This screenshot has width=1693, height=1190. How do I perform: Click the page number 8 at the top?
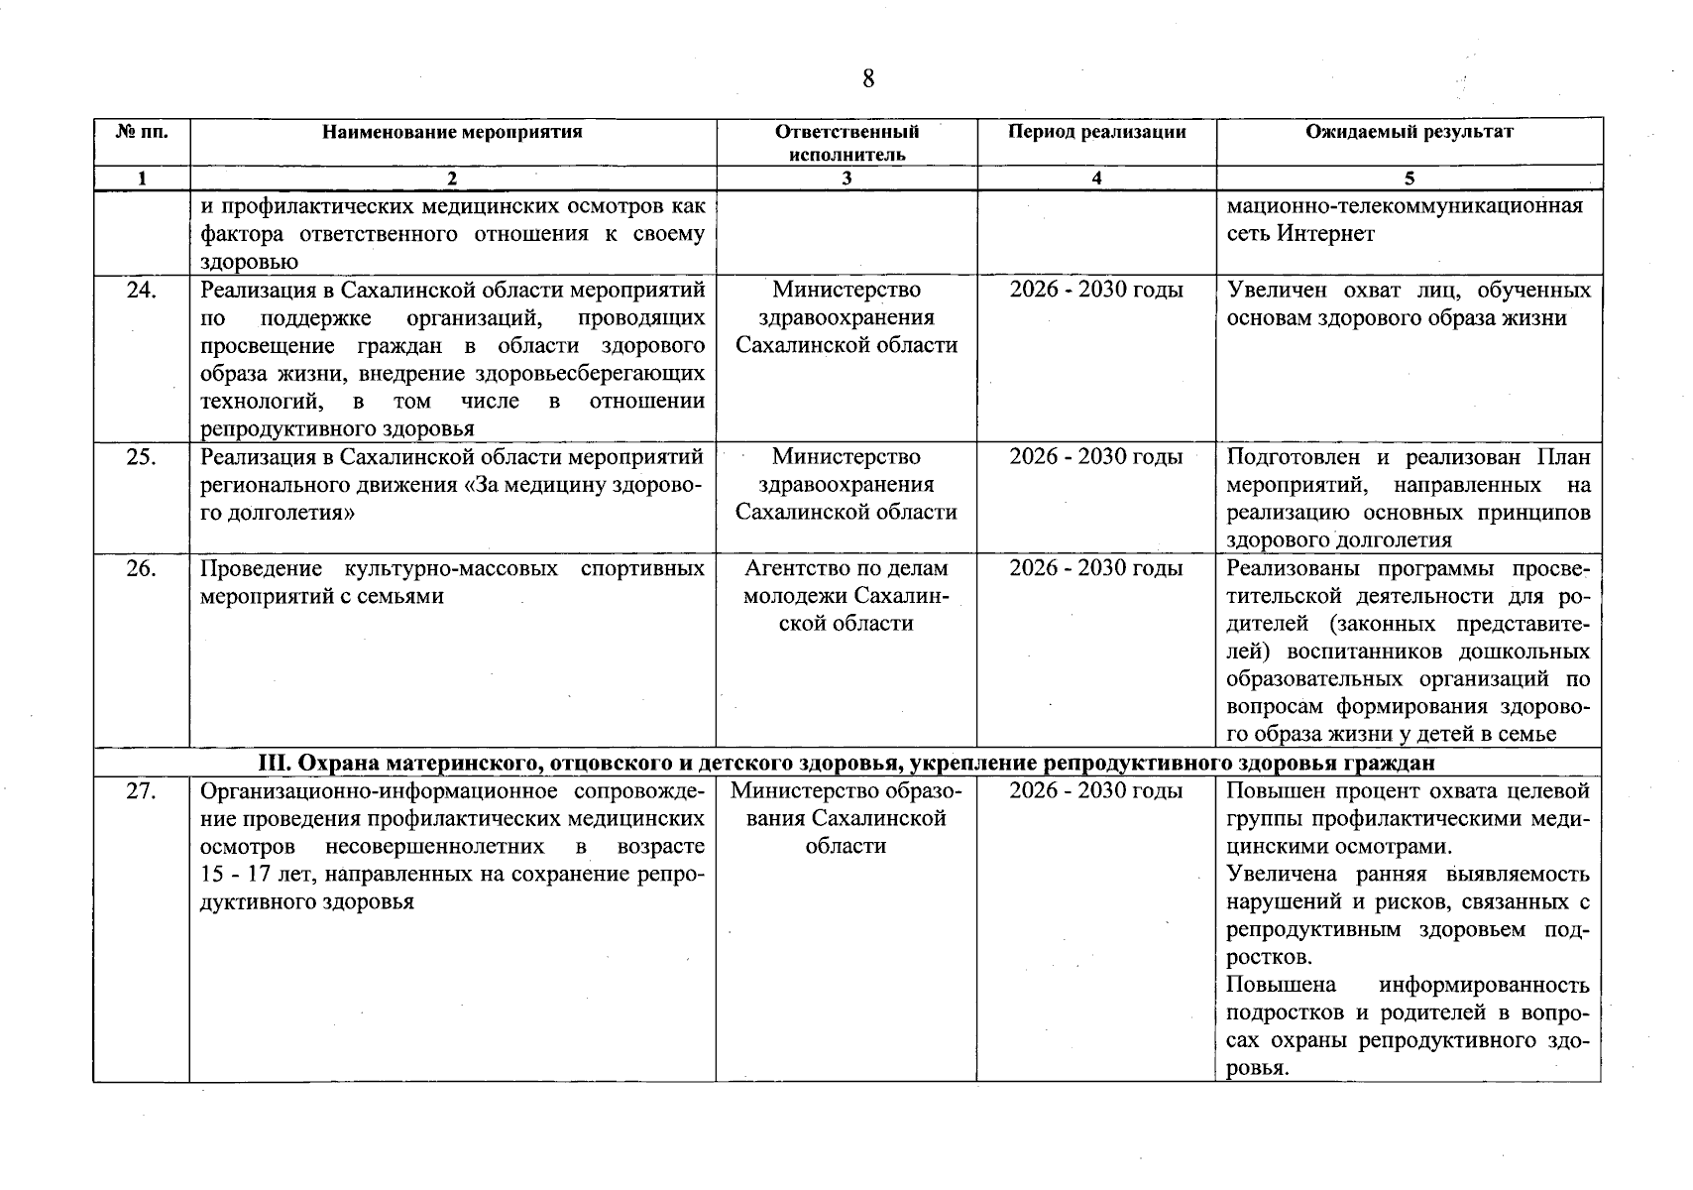pyautogui.click(x=868, y=78)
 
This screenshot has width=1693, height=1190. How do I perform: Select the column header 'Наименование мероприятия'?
pyautogui.click(x=452, y=132)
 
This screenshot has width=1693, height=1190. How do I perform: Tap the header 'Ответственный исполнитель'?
pyautogui.click(x=846, y=143)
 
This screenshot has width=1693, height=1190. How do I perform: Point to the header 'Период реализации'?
pyautogui.click(x=1096, y=132)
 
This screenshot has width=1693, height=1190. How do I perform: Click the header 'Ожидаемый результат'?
pyautogui.click(x=1409, y=132)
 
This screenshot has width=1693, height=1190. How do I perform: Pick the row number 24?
pyautogui.click(x=142, y=291)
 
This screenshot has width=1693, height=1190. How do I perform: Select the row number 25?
pyautogui.click(x=142, y=457)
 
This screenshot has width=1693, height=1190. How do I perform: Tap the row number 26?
pyautogui.click(x=142, y=568)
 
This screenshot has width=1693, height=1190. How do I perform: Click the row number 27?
pyautogui.click(x=142, y=791)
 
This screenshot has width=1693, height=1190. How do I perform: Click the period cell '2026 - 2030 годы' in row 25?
pyautogui.click(x=1096, y=457)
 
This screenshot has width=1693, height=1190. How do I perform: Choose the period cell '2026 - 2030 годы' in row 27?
pyautogui.click(x=1096, y=791)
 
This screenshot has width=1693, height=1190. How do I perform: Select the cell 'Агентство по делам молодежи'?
pyautogui.click(x=846, y=595)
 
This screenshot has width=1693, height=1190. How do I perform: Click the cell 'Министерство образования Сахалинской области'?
pyautogui.click(x=846, y=818)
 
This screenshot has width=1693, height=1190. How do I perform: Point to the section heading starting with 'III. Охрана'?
pyautogui.click(x=846, y=763)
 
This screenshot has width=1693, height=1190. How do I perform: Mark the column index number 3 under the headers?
pyautogui.click(x=846, y=179)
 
